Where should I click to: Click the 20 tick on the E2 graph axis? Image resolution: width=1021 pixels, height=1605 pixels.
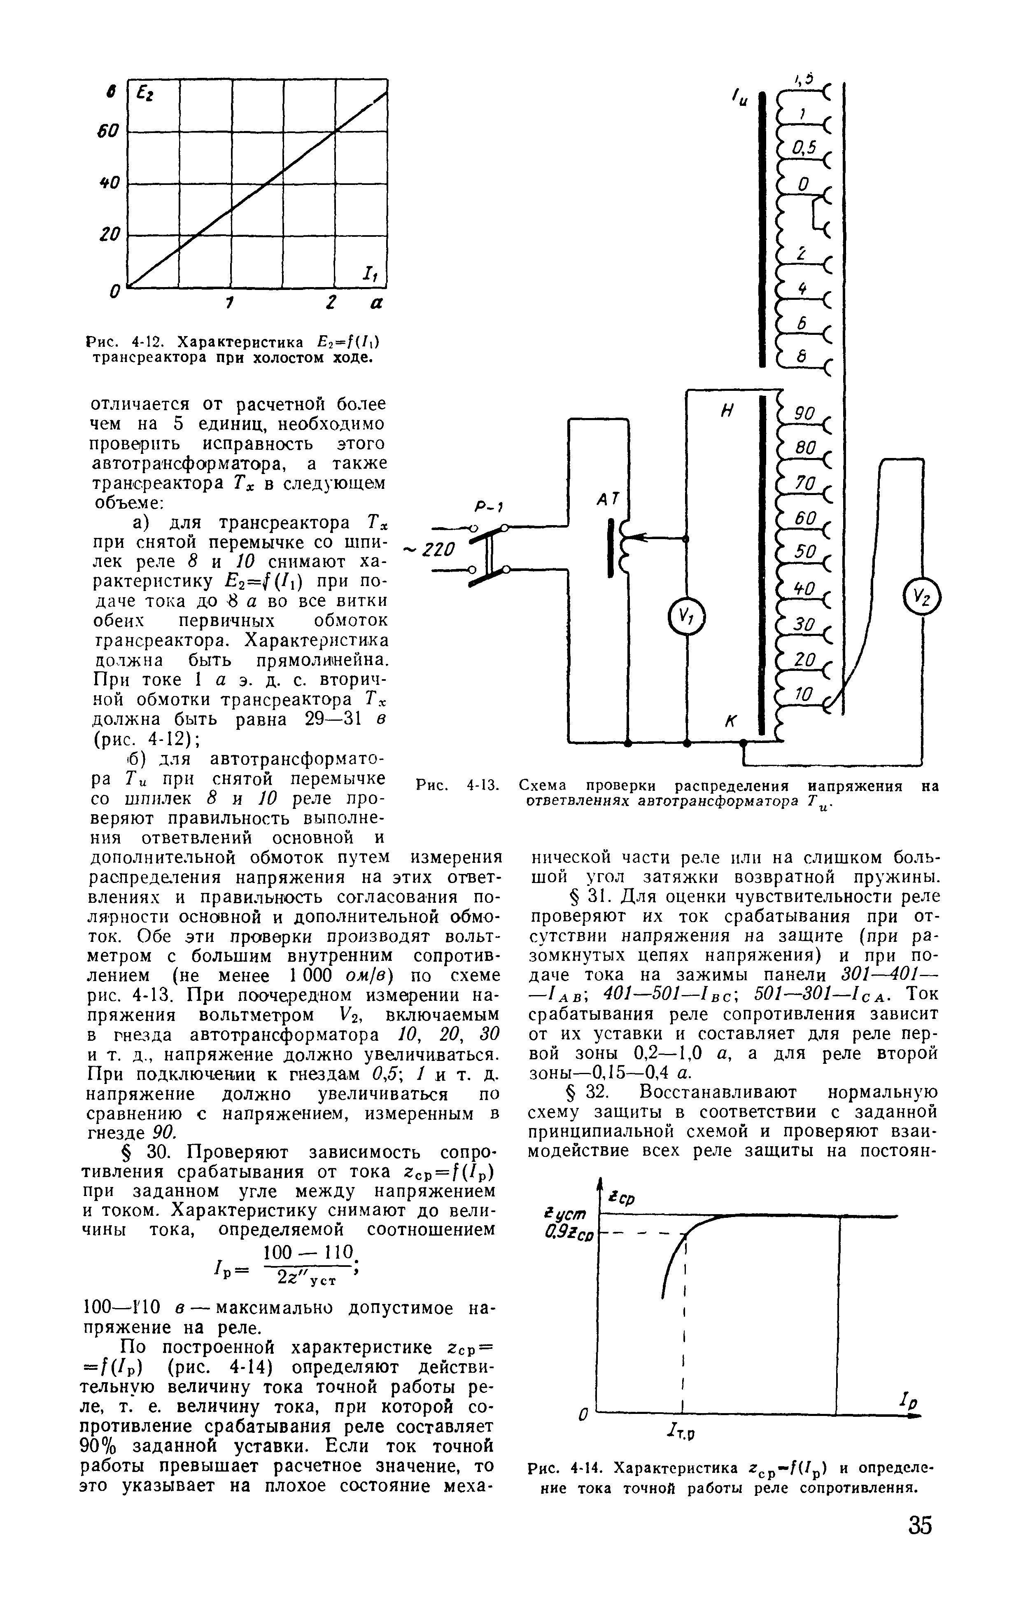[109, 235]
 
